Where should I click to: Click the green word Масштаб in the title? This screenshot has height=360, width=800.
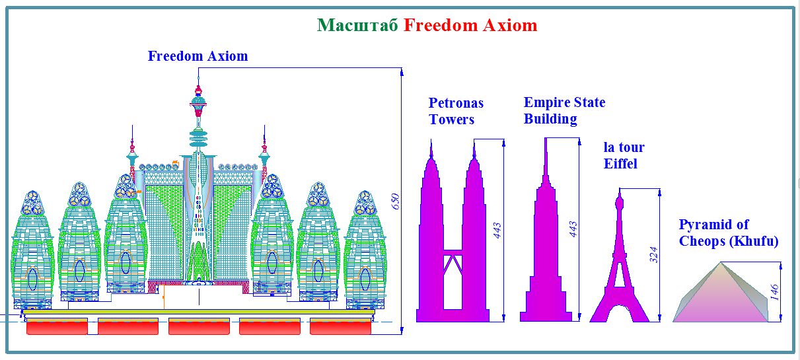[357, 25]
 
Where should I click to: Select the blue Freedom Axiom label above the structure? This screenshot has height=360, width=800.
[198, 56]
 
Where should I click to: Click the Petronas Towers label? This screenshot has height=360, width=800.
[456, 111]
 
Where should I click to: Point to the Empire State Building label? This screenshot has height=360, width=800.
[565, 110]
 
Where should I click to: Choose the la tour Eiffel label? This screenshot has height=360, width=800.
[624, 155]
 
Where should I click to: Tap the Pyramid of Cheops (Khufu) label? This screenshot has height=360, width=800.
[729, 233]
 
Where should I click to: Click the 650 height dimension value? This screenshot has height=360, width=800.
[395, 201]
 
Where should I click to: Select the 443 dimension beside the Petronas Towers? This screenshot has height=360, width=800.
[497, 231]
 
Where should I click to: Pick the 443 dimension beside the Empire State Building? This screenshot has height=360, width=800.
[573, 229]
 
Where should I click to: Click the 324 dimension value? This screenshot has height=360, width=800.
[653, 255]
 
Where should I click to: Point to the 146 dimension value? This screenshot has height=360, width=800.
[774, 292]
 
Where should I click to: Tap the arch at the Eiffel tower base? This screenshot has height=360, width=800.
[620, 308]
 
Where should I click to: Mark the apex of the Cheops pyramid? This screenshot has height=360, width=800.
[721, 263]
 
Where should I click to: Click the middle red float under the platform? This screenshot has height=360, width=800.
[199, 326]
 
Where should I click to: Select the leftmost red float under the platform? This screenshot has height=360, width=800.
[57, 326]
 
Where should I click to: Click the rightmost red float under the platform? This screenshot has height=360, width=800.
[340, 326]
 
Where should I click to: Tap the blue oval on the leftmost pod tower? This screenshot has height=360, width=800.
[32, 279]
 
